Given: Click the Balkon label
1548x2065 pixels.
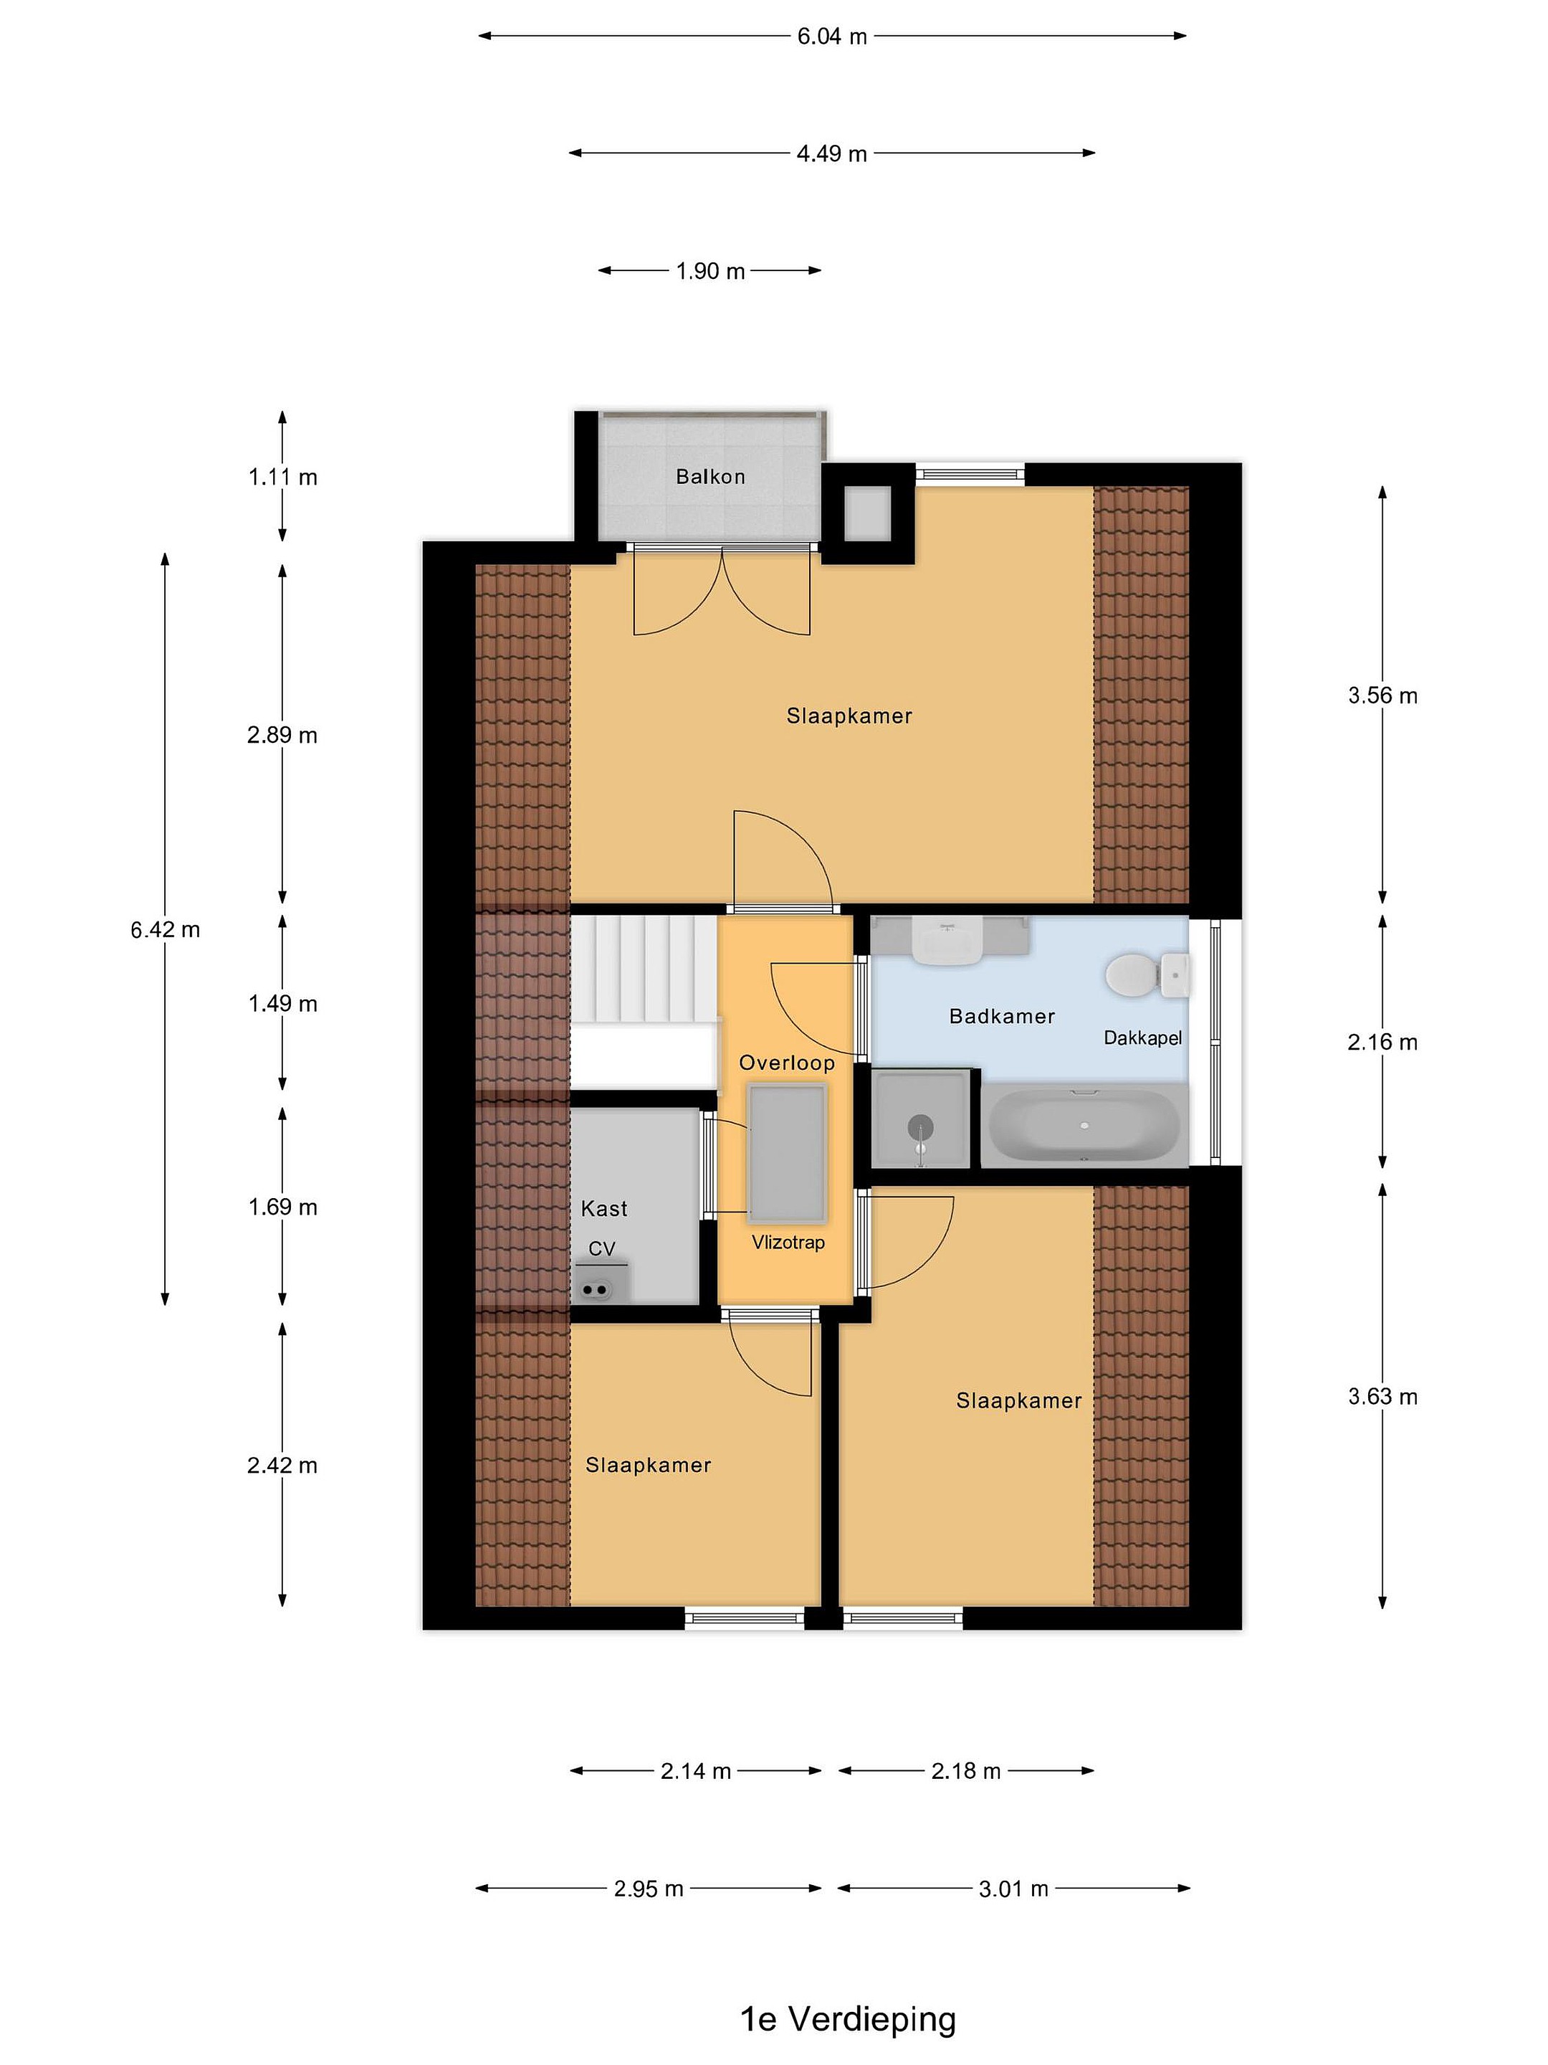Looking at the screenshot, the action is pos(710,477).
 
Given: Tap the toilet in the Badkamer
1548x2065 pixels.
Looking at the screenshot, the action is pos(1146,974).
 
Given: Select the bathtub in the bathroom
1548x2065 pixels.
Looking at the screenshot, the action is pos(1084,1125).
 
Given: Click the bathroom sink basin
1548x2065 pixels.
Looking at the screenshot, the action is pos(947,941).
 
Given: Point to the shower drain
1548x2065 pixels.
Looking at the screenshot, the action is pos(920,1127).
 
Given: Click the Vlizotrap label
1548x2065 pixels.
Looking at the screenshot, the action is pos(788,1243).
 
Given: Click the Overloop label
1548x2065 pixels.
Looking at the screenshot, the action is pos(787,1063).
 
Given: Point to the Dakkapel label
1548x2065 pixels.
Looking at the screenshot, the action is pos(1142,1038).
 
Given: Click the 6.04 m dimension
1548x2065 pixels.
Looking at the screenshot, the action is pos(831,37).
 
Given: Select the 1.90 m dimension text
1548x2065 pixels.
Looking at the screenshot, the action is pos(710,272).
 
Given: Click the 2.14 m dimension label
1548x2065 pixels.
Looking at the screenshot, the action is pos(695,1771).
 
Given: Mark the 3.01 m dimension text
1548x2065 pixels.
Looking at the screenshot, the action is pos(1013,1889).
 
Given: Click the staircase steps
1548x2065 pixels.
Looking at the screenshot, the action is pos(644,971).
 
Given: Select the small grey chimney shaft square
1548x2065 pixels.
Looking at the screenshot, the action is pos(868,513).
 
